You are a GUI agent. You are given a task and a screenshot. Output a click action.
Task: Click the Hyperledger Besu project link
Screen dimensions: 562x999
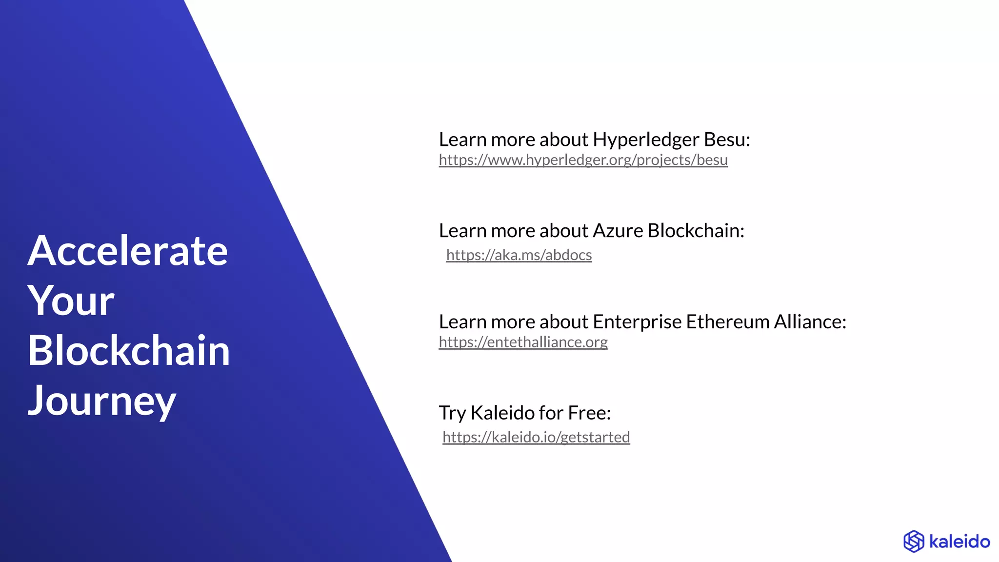point(583,160)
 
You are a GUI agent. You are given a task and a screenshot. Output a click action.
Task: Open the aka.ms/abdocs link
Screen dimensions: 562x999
point(519,255)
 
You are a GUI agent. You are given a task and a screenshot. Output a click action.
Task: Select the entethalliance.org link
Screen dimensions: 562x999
point(523,342)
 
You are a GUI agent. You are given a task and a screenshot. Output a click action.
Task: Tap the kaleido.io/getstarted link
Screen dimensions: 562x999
point(536,437)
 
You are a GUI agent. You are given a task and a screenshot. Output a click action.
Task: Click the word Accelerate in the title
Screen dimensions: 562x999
point(128,251)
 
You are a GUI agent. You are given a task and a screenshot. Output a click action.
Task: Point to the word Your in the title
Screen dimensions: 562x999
point(71,301)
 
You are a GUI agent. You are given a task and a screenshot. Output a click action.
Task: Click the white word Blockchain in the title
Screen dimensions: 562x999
point(129,351)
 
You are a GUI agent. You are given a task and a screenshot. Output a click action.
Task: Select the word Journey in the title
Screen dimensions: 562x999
point(102,401)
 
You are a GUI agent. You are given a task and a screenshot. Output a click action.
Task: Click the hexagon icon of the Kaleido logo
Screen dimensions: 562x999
point(914,542)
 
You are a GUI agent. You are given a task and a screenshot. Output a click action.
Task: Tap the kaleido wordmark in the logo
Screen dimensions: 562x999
point(959,542)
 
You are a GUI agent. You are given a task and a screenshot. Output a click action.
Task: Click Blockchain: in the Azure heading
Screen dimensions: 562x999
point(696,231)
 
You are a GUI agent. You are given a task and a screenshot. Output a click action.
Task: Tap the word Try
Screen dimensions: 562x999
point(452,413)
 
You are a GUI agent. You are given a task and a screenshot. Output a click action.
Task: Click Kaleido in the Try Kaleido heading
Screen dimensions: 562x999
point(502,413)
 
